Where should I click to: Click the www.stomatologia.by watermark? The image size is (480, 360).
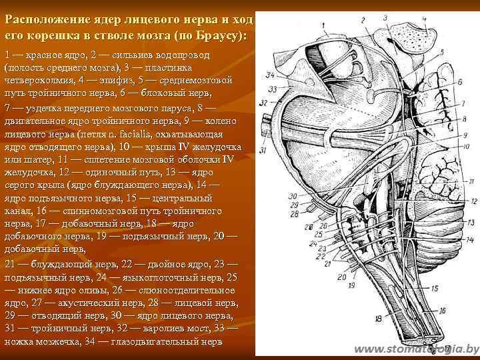pyautogui.click(x=417, y=349)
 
